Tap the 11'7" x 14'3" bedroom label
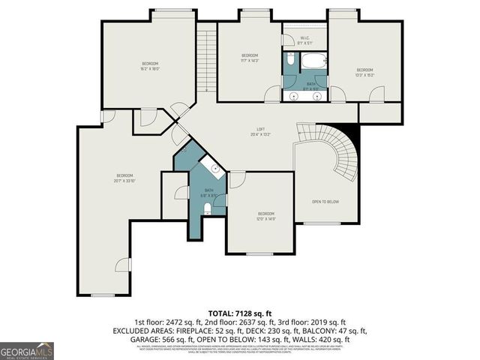250,58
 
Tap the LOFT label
261,132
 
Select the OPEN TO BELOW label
327,202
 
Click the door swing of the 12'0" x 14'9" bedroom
236,180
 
